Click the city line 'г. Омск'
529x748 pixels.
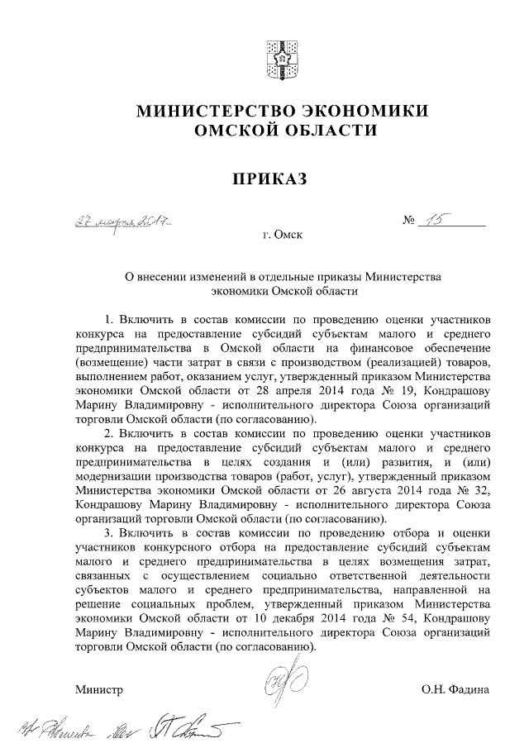(282, 236)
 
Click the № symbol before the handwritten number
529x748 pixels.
(410, 222)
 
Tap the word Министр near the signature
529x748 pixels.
(98, 688)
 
